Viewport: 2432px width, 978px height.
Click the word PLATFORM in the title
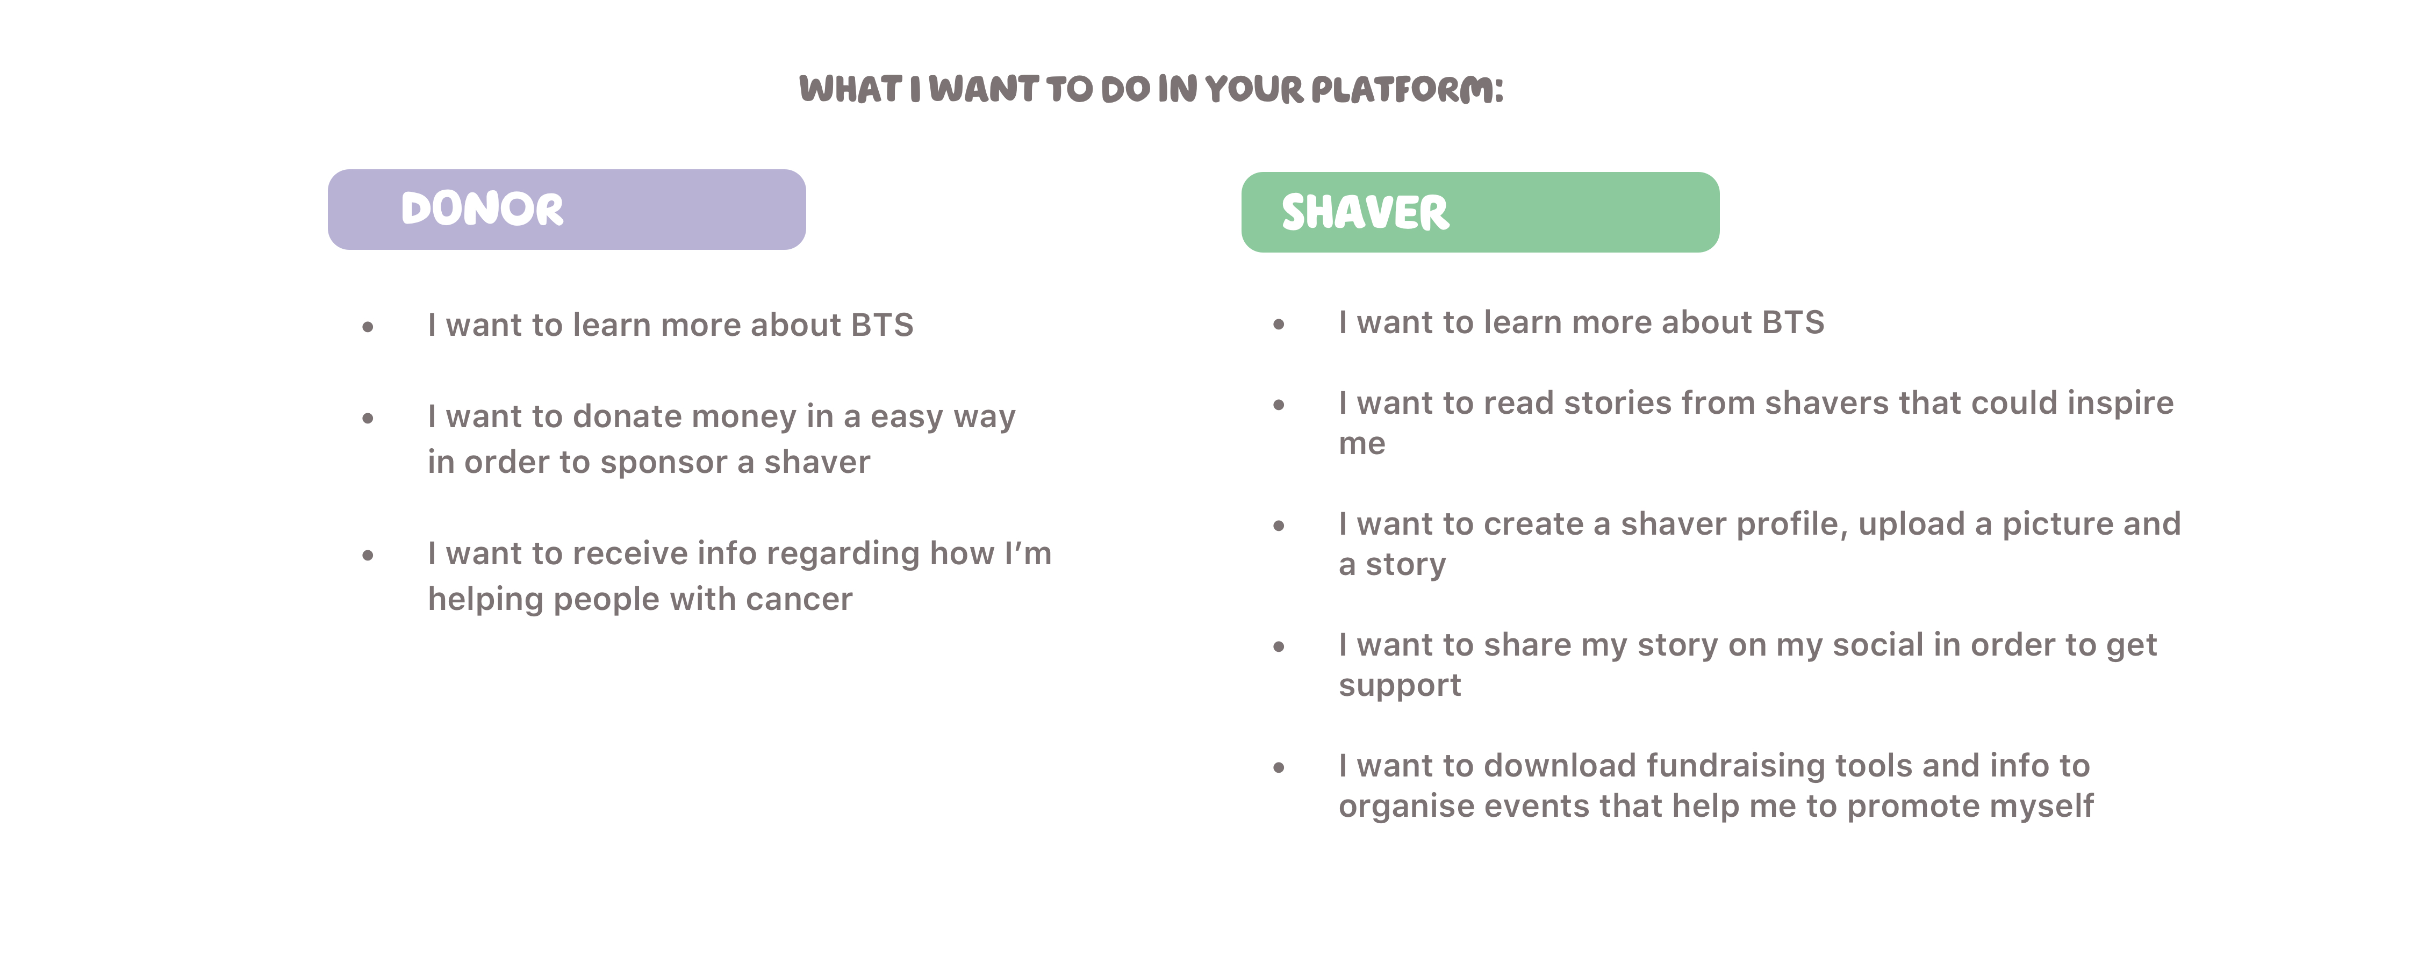(x=1407, y=90)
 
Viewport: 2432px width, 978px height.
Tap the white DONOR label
(x=483, y=208)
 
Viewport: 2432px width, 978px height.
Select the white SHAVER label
(x=1365, y=212)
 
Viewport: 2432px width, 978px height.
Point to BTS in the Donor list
(x=882, y=325)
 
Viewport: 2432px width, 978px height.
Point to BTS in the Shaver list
(x=1793, y=322)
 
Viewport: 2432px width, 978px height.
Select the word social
(x=1878, y=645)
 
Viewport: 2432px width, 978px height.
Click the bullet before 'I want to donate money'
(x=368, y=417)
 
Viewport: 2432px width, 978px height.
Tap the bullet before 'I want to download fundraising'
(x=1279, y=767)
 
